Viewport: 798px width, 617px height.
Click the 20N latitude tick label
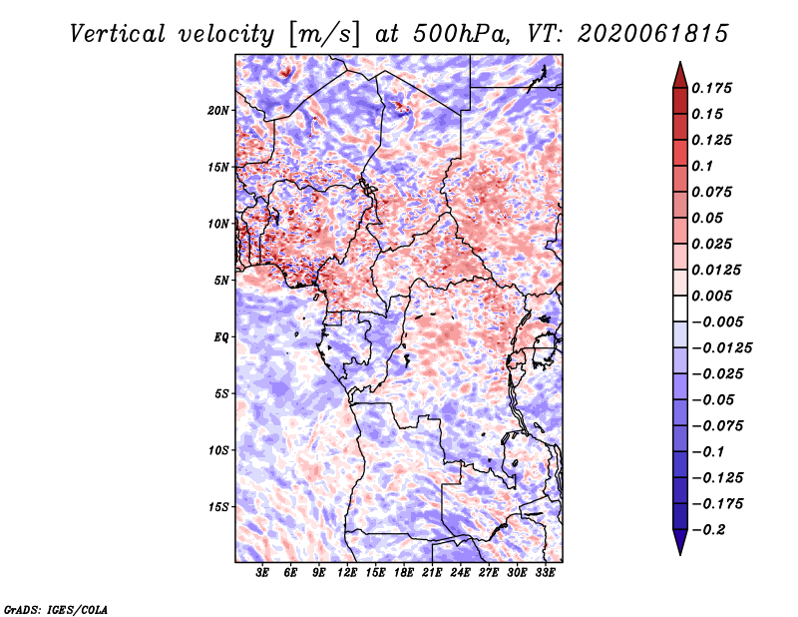(218, 111)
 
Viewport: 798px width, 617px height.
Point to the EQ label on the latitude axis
(220, 337)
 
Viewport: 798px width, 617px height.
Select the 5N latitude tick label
(221, 281)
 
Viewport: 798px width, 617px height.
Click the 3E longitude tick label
(262, 573)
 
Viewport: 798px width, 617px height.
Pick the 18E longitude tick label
(404, 573)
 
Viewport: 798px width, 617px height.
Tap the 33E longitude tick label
(545, 573)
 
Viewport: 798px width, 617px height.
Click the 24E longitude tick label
(460, 573)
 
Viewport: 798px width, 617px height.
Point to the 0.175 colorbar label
(711, 88)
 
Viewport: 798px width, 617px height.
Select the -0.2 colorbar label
(708, 530)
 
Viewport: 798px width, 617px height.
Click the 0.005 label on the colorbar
(711, 296)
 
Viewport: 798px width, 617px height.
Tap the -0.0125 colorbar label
(721, 348)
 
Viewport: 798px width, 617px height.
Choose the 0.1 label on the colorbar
(702, 166)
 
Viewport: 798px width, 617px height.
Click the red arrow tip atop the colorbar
(680, 63)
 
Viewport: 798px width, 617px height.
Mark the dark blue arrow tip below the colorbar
(680, 553)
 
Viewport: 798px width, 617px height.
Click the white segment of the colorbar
(680, 308)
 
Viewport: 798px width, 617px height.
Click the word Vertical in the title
(117, 34)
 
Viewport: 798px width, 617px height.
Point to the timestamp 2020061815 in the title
(653, 34)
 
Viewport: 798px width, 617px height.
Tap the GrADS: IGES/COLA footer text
(56, 609)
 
